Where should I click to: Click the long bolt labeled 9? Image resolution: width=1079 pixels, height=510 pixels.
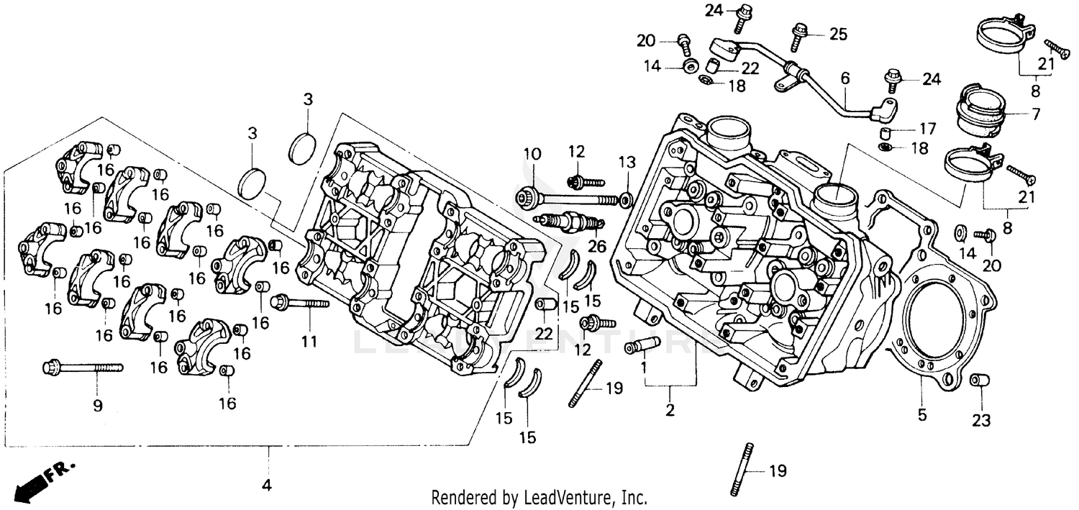[x=82, y=368]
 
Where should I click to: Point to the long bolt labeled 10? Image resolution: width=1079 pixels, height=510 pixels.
[x=568, y=197]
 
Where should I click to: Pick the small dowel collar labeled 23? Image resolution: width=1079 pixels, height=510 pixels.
[x=978, y=380]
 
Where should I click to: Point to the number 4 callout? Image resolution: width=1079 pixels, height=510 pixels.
[x=267, y=486]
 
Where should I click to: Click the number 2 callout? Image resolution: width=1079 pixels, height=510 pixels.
[x=670, y=411]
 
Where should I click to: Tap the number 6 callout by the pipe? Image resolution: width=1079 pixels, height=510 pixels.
[x=844, y=77]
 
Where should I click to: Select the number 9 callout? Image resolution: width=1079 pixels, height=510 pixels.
[x=98, y=406]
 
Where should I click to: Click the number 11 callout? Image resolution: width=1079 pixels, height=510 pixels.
[x=309, y=342]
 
